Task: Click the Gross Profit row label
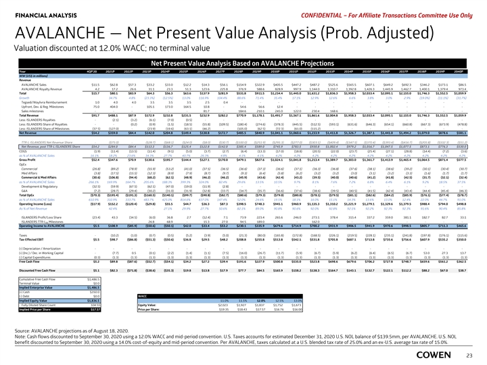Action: [x=15, y=178]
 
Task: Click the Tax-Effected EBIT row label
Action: [x=20, y=240]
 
